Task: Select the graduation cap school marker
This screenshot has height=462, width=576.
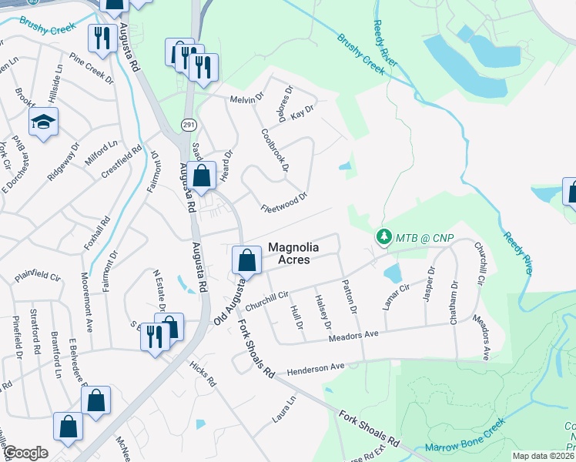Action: tap(43, 122)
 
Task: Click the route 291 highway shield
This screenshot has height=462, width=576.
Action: tap(188, 125)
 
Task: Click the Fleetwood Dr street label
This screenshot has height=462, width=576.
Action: tap(284, 203)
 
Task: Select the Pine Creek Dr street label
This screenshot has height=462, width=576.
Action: tap(91, 67)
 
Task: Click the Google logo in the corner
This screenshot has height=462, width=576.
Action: tap(25, 453)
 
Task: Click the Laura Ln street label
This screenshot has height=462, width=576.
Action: tap(283, 410)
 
